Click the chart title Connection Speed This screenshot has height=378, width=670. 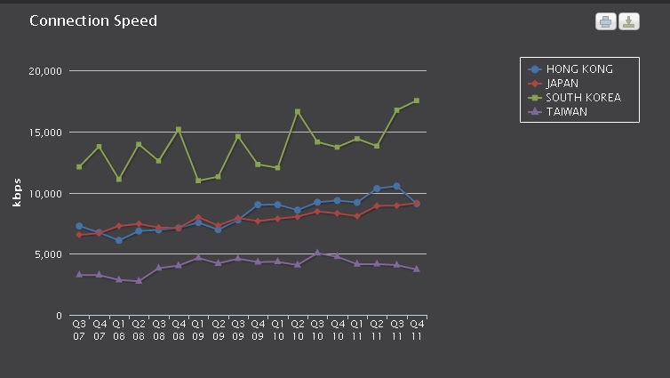pos(93,20)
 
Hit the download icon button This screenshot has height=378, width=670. pos(629,21)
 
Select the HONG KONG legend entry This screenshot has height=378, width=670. pos(578,69)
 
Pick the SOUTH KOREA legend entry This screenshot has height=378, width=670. pos(582,98)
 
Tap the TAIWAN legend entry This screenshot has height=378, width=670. pos(566,112)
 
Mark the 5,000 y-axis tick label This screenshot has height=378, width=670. pos(46,254)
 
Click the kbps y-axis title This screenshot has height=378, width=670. pos(17,193)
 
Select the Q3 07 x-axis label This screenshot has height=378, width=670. pos(79,330)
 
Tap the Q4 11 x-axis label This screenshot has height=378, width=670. pos(416,330)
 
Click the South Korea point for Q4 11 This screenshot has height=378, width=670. pos(416,101)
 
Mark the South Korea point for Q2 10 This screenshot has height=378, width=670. pos(298,112)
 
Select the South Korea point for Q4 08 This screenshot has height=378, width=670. pos(179,130)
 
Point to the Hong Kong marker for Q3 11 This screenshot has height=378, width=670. pos(396,186)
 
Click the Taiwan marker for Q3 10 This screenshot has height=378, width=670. pos(317,253)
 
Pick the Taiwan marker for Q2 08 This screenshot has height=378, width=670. pos(139,281)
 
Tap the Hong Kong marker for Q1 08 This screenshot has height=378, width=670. pos(119,240)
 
